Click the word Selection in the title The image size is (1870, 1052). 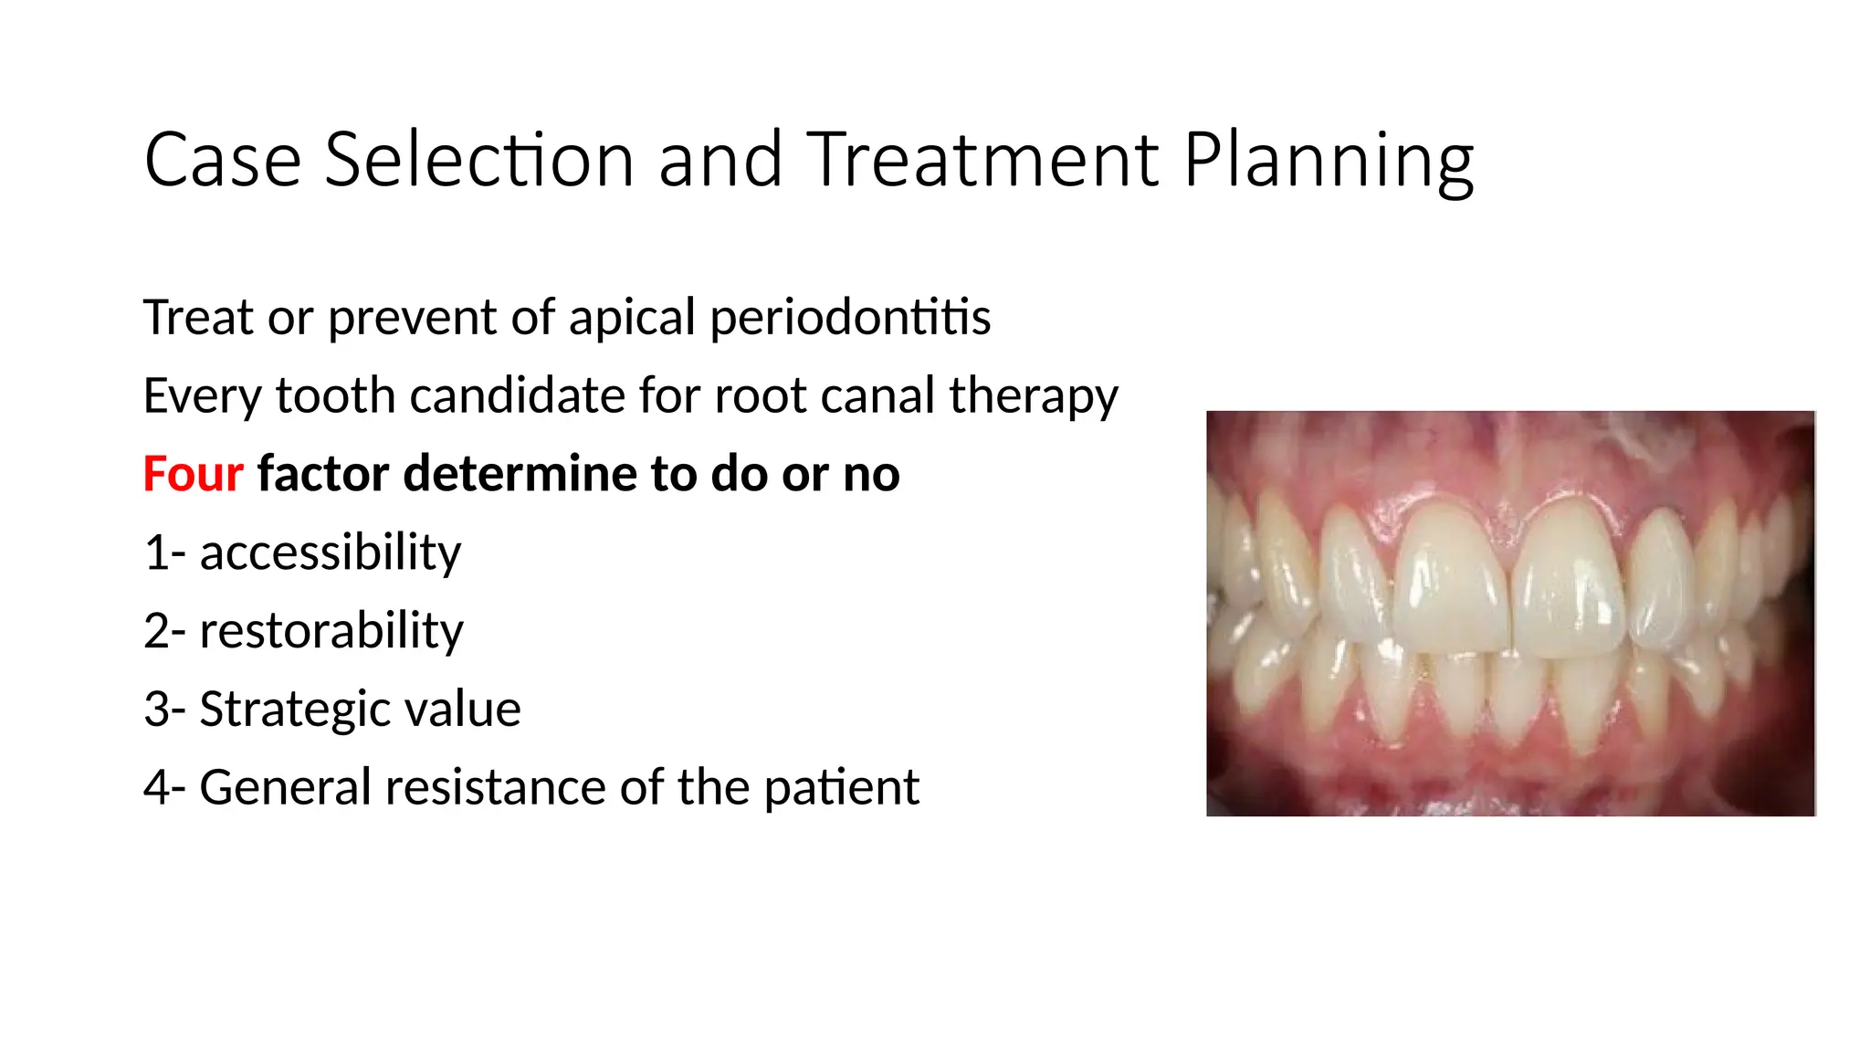pos(479,160)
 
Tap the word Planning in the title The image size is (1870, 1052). pos(1329,162)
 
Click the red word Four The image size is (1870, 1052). pos(193,474)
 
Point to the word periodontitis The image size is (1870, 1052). pos(850,318)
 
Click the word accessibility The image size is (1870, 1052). pos(331,552)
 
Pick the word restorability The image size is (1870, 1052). pos(331,631)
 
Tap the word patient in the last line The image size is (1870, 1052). pos(841,787)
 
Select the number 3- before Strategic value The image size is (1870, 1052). pos(164,710)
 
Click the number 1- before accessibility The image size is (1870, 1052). pos(164,552)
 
